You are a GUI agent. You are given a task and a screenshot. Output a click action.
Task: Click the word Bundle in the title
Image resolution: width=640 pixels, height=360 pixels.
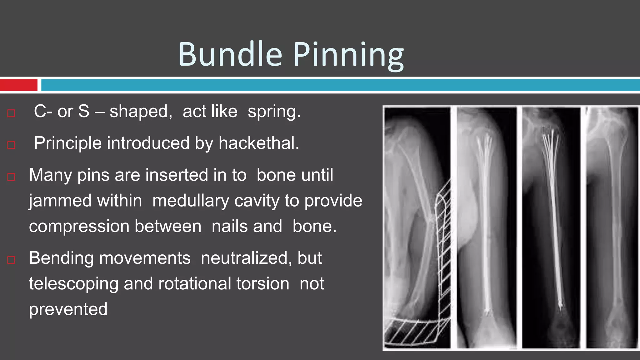pos(230,54)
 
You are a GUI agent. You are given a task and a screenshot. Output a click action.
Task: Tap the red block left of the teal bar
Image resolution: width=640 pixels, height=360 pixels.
pos(18,85)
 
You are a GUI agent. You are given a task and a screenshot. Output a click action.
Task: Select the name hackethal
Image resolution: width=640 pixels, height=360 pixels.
pos(259,143)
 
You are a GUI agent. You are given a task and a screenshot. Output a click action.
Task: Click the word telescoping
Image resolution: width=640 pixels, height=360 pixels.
pos(74,284)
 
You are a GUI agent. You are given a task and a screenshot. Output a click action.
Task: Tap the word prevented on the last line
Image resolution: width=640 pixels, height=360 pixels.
pos(68,309)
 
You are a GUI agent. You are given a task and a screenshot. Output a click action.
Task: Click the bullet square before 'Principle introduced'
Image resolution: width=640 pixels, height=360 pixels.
pos(11,145)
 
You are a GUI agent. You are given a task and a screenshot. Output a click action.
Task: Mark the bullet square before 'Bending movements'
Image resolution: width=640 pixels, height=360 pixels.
pos(11,260)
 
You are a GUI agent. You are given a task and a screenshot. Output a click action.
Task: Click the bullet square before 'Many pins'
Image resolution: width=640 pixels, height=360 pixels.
pos(11,177)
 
